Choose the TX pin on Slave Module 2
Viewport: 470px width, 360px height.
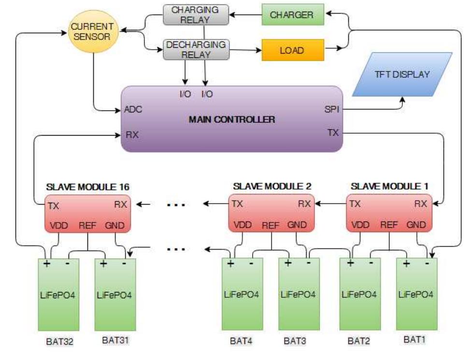(237, 204)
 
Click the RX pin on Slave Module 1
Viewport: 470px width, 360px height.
(420, 204)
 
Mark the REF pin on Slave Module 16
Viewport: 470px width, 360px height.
(87, 225)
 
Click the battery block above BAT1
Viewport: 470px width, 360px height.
(416, 294)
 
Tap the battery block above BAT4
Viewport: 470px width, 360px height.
(242, 294)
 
